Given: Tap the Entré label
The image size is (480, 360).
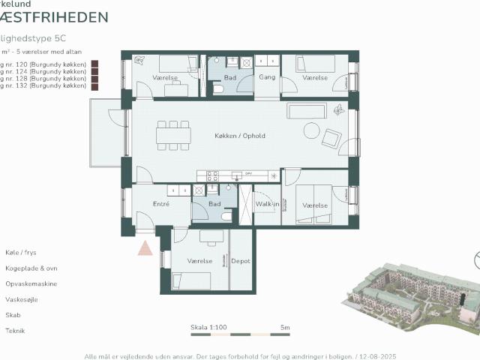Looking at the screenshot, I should pos(160,204).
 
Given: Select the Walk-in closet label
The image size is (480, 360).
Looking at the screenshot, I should pos(267,204).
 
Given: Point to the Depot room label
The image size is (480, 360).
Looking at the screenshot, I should pos(241,261).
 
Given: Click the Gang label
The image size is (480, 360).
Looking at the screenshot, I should pos(267,77).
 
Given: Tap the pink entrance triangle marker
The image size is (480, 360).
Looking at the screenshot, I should pos(145,247).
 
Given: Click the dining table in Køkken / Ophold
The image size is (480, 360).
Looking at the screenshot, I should pos(173,136).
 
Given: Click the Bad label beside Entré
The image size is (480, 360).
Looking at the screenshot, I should pos(214,204).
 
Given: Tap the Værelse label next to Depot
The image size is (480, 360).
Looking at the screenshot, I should pos(200,261).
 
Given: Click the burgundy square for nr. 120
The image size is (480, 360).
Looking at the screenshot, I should pos(95,65).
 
